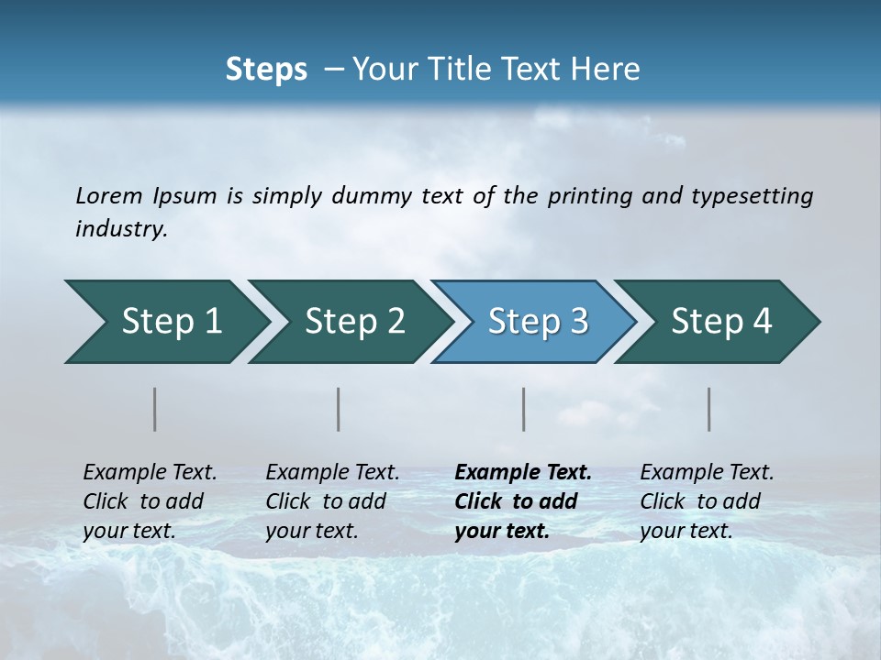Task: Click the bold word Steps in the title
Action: (x=266, y=70)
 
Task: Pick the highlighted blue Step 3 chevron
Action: (x=537, y=322)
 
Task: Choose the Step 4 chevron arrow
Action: (x=721, y=322)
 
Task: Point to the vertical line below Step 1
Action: (x=155, y=409)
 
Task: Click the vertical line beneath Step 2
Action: (x=339, y=409)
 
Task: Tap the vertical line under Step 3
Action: (x=524, y=409)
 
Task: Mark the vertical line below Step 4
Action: (x=709, y=409)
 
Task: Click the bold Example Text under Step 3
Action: (x=523, y=473)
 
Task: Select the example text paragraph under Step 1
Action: (x=150, y=501)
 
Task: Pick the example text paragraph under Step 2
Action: (x=332, y=501)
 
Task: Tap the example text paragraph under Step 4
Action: (x=707, y=501)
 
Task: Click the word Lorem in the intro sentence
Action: (x=108, y=196)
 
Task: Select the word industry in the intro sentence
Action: (x=121, y=229)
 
